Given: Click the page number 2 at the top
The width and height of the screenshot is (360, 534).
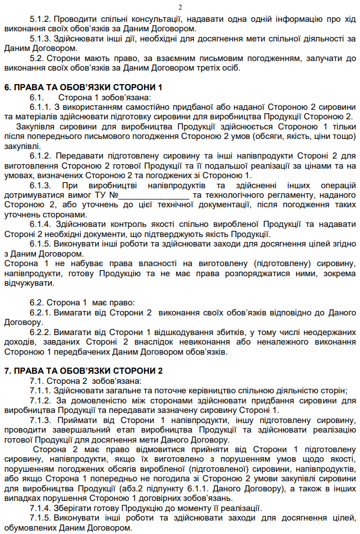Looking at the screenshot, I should [180, 7].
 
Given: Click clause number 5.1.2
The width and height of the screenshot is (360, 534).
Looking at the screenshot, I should [41, 18].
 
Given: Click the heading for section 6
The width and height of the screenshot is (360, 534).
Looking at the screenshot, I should [83, 87].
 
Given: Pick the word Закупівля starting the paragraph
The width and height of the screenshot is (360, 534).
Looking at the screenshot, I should [36, 126].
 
